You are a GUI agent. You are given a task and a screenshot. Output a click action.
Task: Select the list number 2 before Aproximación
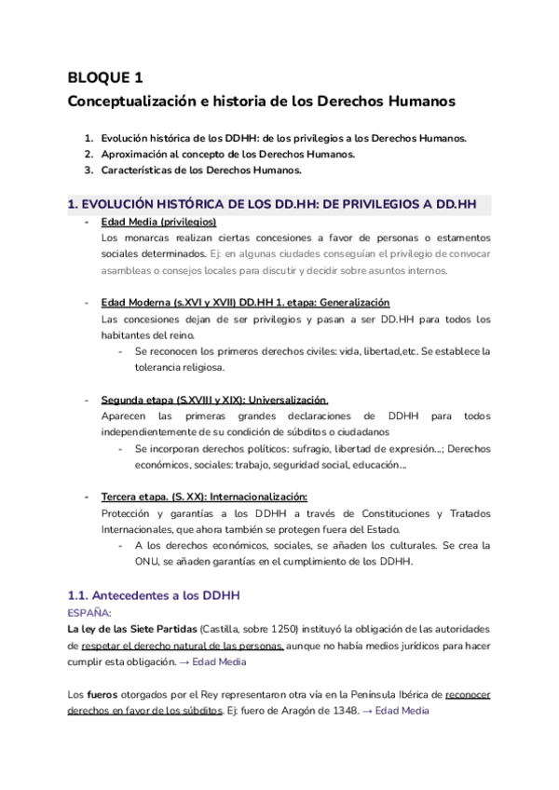tap(88, 154)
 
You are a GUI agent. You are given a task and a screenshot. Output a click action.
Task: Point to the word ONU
tap(148, 562)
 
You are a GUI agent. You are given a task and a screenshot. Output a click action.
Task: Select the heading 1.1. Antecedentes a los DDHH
tap(155, 594)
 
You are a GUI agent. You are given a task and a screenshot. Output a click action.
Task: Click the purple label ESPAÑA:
tap(89, 612)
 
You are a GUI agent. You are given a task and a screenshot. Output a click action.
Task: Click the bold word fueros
tap(102, 694)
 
